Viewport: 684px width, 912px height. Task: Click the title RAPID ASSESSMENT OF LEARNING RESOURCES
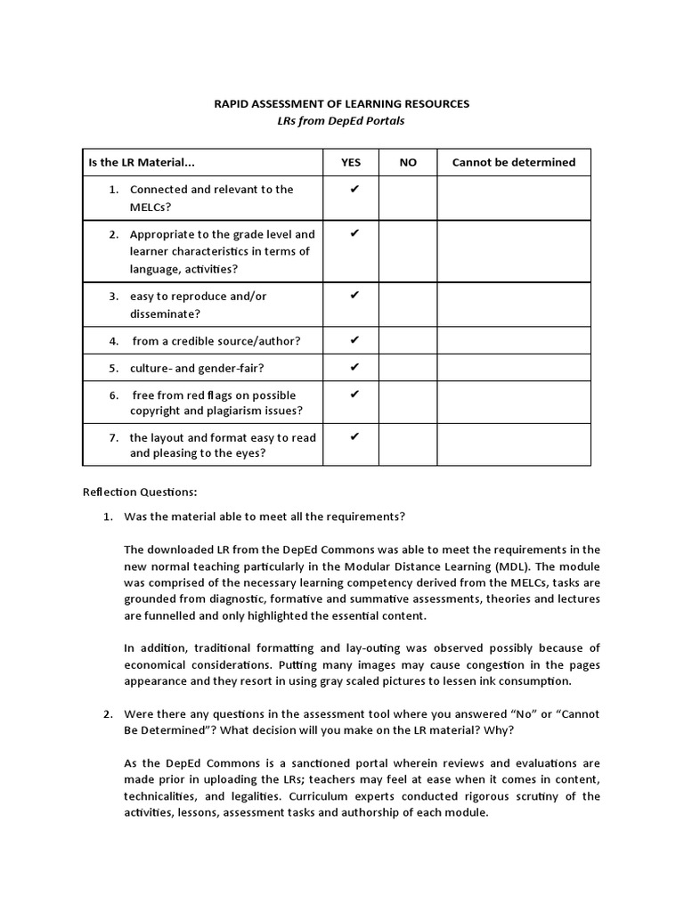(341, 104)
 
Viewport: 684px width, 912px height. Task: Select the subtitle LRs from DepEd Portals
(341, 121)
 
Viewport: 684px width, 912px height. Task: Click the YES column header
(351, 162)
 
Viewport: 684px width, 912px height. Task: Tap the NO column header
(408, 162)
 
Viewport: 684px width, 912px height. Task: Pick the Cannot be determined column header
(514, 162)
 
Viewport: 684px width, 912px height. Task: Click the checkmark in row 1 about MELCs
(354, 189)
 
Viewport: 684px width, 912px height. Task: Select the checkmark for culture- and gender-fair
(354, 366)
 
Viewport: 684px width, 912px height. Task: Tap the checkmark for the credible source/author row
(354, 339)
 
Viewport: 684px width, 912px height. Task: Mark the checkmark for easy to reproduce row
(354, 295)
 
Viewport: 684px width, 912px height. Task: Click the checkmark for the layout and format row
(354, 436)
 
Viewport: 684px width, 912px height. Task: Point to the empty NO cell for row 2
(408, 251)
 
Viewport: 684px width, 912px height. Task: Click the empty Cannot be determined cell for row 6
(514, 402)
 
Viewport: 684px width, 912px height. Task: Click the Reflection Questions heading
(140, 491)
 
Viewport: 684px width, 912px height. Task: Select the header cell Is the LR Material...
(142, 162)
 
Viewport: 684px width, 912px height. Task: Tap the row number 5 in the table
(114, 367)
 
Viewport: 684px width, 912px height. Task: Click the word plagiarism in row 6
(240, 411)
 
